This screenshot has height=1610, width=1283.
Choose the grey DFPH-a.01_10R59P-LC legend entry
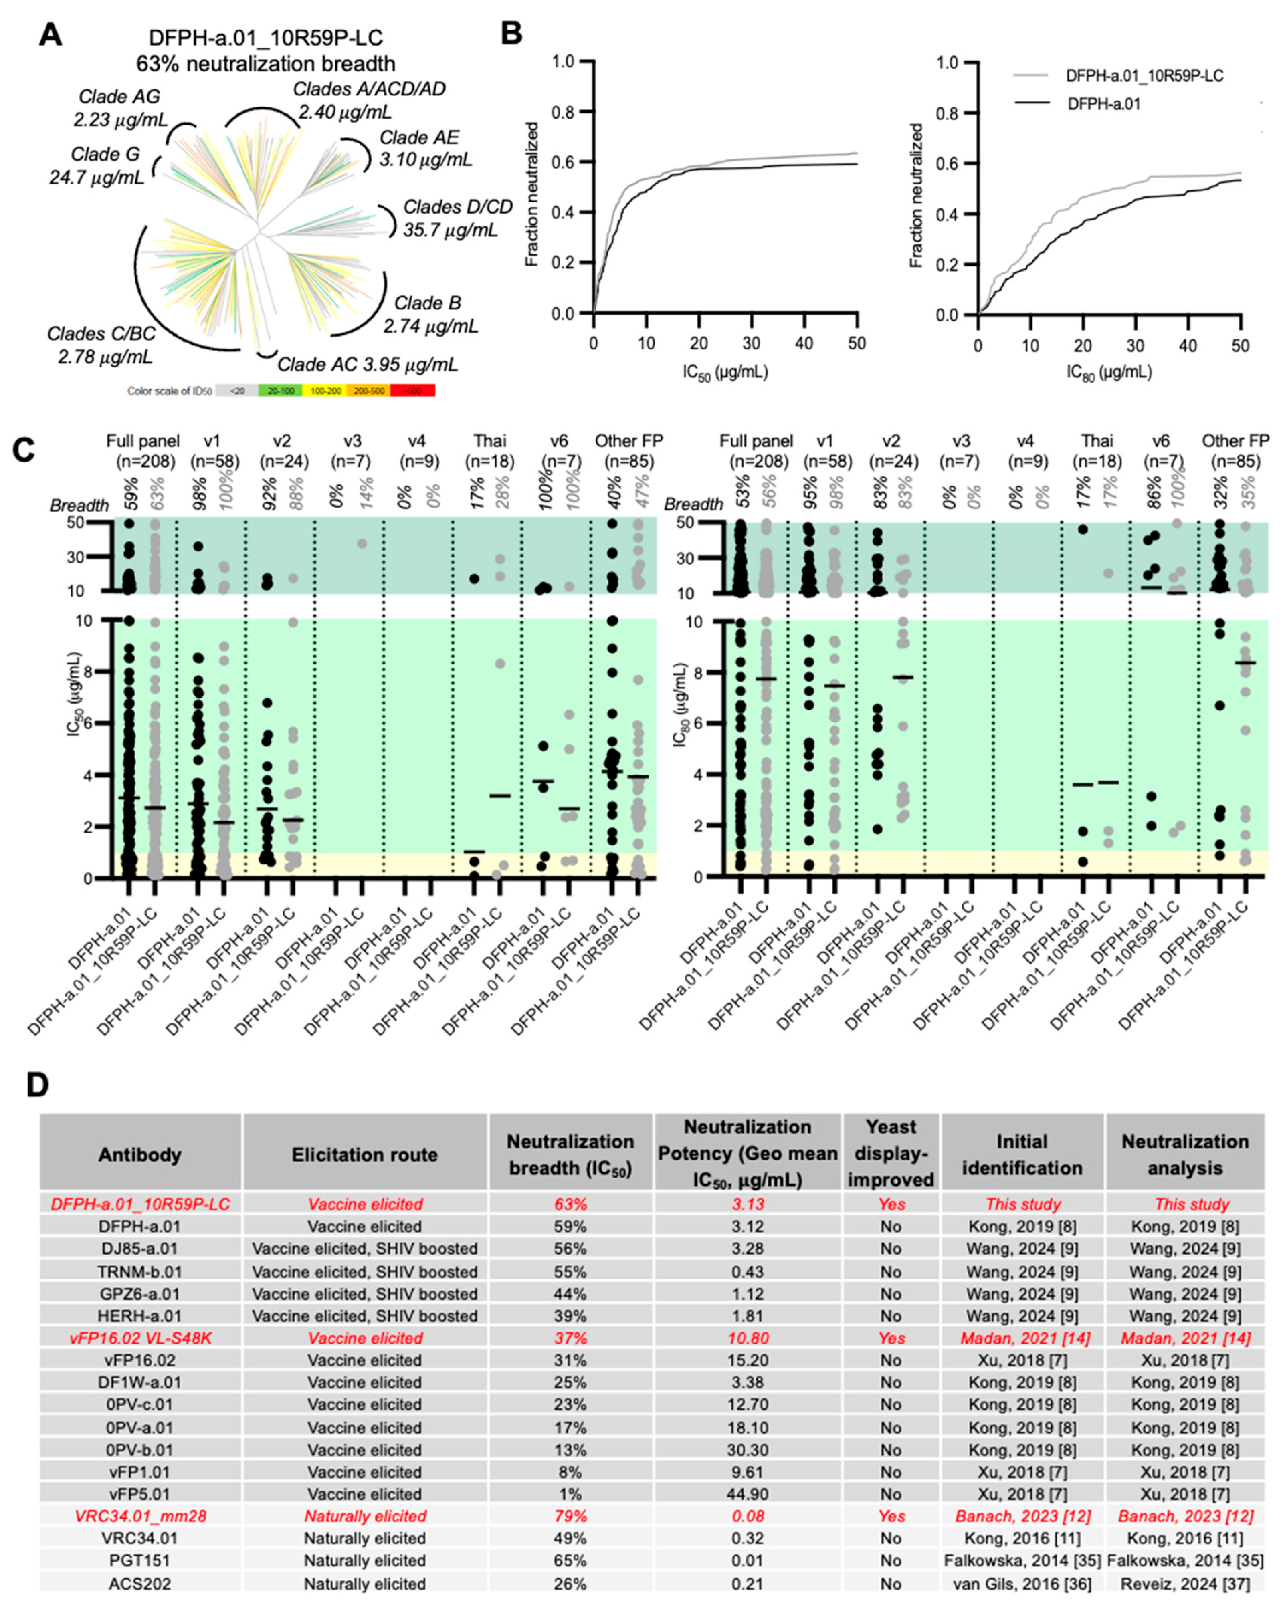[x=1144, y=75]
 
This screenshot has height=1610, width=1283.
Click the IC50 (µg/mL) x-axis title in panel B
[x=724, y=371]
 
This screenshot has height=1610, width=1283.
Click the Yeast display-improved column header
[x=891, y=1154]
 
